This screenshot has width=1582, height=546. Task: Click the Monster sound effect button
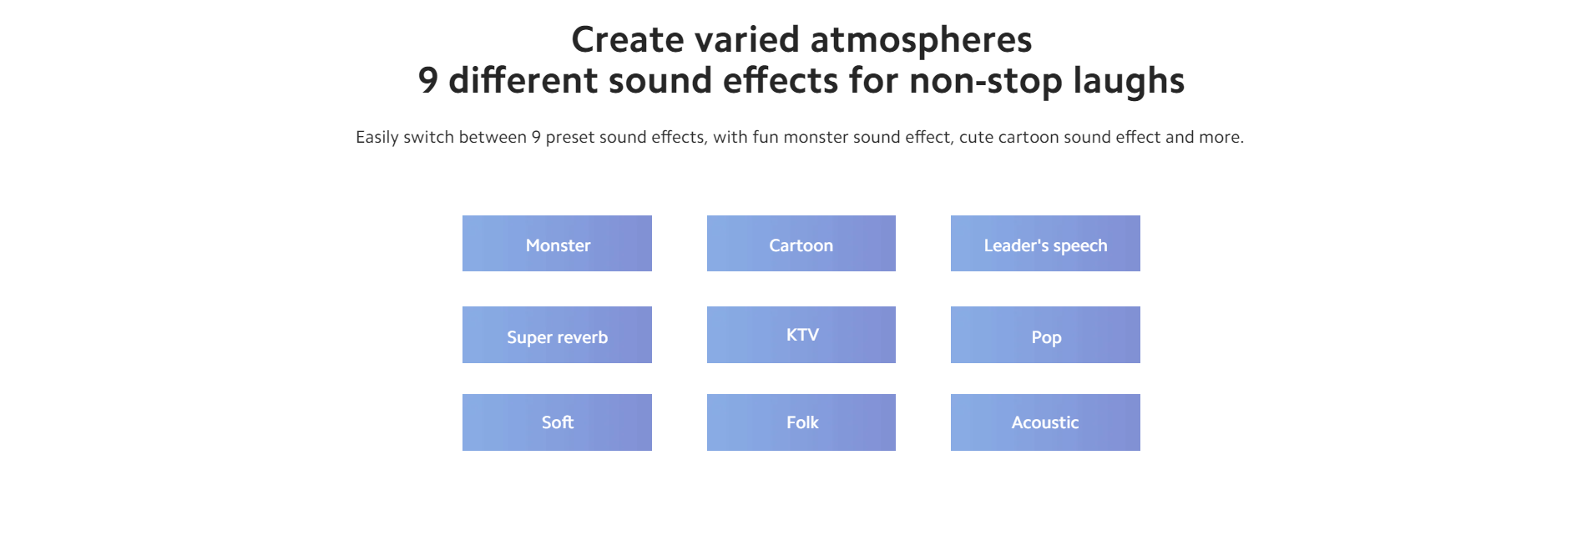click(x=557, y=244)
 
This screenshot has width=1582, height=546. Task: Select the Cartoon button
click(x=801, y=244)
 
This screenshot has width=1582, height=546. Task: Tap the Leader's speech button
click(x=1045, y=244)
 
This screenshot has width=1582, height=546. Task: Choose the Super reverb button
click(x=557, y=335)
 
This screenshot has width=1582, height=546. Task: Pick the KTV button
click(x=801, y=335)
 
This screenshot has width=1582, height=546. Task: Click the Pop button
click(x=1045, y=335)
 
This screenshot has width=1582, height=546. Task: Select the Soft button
click(x=557, y=422)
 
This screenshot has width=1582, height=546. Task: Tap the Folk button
click(x=801, y=422)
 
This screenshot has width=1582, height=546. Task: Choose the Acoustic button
click(x=1045, y=422)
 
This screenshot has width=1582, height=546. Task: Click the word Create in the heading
click(x=628, y=39)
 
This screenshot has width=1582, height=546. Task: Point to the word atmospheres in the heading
click(x=921, y=41)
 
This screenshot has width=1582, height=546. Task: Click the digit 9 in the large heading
click(x=427, y=81)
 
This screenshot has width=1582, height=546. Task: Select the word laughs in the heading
click(x=1129, y=82)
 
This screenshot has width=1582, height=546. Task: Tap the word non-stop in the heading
click(x=986, y=82)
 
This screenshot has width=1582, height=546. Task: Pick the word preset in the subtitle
click(x=570, y=138)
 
